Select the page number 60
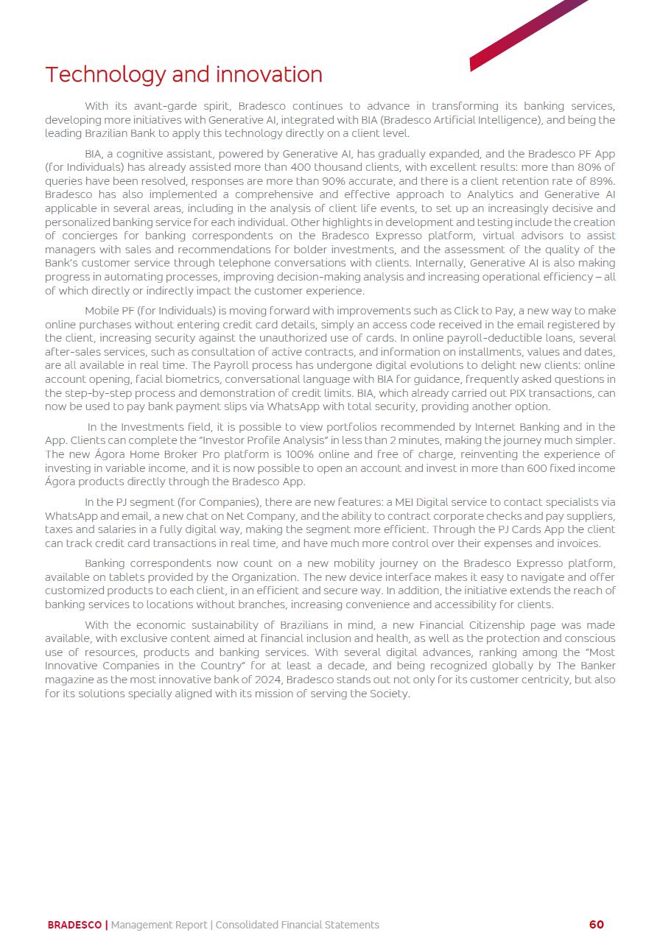[596, 925]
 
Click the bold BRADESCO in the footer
[74, 925]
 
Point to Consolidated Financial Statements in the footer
[297, 925]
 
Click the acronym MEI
[408, 502]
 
